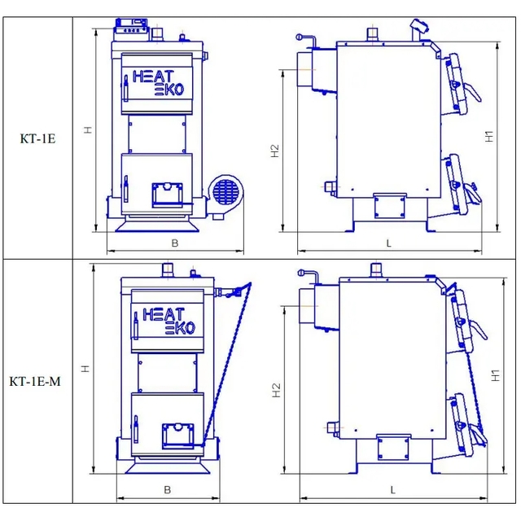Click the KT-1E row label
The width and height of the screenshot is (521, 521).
[x=37, y=138]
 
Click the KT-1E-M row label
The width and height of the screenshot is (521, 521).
[x=35, y=381]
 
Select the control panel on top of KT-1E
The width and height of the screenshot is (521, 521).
[x=132, y=29]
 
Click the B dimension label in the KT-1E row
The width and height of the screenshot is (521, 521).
[x=175, y=243]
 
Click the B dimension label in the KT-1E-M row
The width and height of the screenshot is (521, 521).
[x=168, y=490]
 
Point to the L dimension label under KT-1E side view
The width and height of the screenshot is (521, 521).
[x=389, y=243]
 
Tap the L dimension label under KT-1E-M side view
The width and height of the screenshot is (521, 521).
[x=392, y=490]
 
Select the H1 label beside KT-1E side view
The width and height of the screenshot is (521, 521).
[x=489, y=137]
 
